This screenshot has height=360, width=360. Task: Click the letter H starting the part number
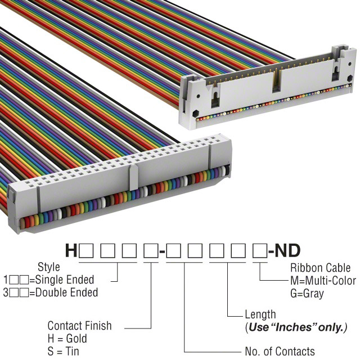(71, 250)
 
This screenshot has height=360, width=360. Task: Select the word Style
(48, 267)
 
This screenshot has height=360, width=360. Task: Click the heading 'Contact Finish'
(79, 326)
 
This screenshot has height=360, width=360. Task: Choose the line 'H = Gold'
(67, 339)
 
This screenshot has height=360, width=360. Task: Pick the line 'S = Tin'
(64, 352)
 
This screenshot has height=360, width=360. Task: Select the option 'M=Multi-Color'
(323, 281)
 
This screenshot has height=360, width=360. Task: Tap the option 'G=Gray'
(307, 293)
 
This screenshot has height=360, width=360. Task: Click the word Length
(260, 314)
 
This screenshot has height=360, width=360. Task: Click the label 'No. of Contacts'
(280, 352)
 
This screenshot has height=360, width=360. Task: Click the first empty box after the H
(85, 250)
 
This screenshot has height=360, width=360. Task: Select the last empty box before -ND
(259, 250)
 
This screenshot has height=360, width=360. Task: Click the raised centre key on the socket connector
(133, 177)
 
